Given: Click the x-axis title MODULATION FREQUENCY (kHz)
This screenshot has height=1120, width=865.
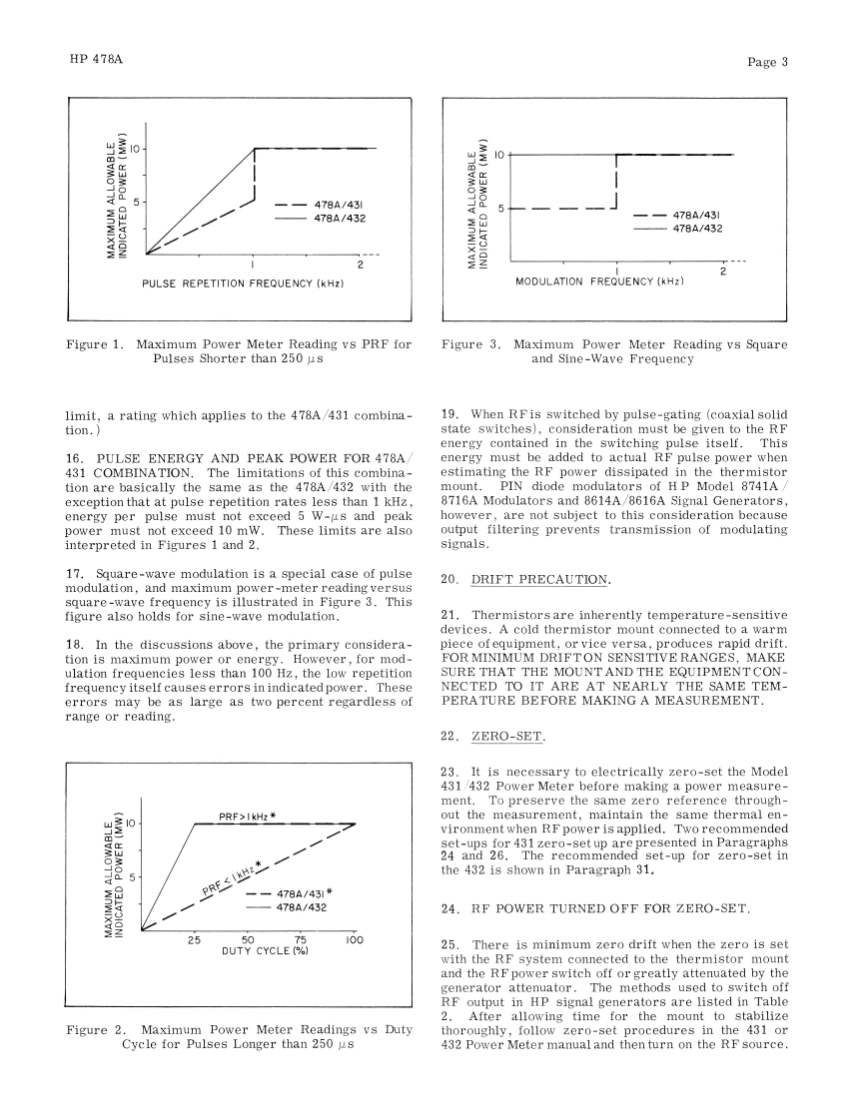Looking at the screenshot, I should tap(599, 282).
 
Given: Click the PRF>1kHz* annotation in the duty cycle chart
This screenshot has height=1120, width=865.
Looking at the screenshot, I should tap(247, 816).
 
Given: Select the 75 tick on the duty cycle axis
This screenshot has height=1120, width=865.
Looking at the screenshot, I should tap(301, 940).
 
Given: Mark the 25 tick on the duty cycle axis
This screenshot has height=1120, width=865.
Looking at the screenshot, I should tap(194, 940).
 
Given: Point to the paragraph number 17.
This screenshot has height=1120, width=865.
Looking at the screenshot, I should tap(74, 573).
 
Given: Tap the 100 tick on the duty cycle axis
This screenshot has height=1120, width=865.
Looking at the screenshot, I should tap(353, 940).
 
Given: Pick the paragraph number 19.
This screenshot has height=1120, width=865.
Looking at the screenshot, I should tap(449, 412).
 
